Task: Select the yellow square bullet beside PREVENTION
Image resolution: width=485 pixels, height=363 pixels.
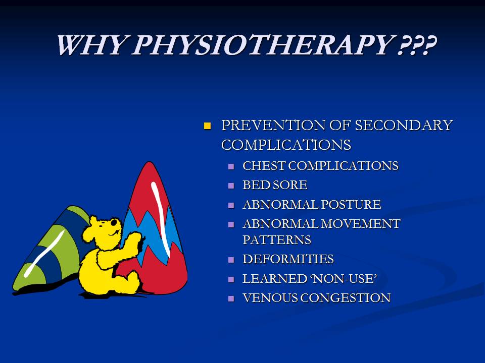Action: point(207,126)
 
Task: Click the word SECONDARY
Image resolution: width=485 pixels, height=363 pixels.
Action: point(404,126)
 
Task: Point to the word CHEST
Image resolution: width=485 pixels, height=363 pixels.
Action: point(264,166)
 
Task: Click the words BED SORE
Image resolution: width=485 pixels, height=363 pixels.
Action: point(275,185)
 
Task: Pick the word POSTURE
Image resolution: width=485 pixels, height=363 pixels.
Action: point(351,204)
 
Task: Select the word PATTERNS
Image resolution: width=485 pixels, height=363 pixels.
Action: point(277,240)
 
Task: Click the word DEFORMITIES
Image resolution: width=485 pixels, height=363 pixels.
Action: point(288,259)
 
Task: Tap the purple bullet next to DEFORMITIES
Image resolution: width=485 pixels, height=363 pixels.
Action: point(231,260)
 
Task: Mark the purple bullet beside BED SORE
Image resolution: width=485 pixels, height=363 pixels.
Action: point(231,186)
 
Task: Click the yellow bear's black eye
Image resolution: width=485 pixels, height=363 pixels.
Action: point(114,222)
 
